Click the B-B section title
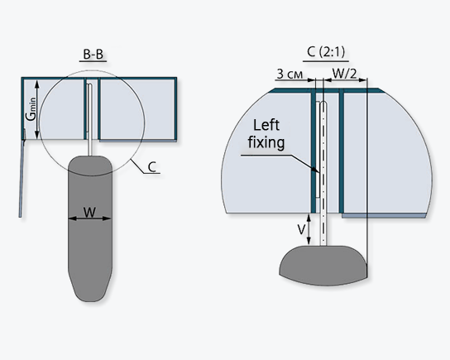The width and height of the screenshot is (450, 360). pos(93,55)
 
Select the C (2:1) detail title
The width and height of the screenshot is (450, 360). pos(326,51)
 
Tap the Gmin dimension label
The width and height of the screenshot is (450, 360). pos(31,109)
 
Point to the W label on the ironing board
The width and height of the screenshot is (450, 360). pos(89,213)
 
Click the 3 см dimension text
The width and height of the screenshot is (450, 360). pos(290,74)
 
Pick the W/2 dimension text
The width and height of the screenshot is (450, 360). pos(344,74)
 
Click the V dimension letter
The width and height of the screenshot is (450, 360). pos(301,230)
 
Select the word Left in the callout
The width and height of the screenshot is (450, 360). pos(266,125)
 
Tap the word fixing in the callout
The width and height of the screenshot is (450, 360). pos(266,142)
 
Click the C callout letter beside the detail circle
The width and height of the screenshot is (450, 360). pos(152,167)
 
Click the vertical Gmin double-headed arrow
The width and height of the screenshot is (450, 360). pos(37,110)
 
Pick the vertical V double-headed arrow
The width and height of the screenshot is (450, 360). pos(309,229)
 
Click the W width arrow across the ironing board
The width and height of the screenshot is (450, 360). pos(89,218)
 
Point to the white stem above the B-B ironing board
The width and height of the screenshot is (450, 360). pos(89,120)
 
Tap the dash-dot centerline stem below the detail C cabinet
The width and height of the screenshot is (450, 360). pos(323,229)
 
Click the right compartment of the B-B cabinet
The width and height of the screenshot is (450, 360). pos(137,109)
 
